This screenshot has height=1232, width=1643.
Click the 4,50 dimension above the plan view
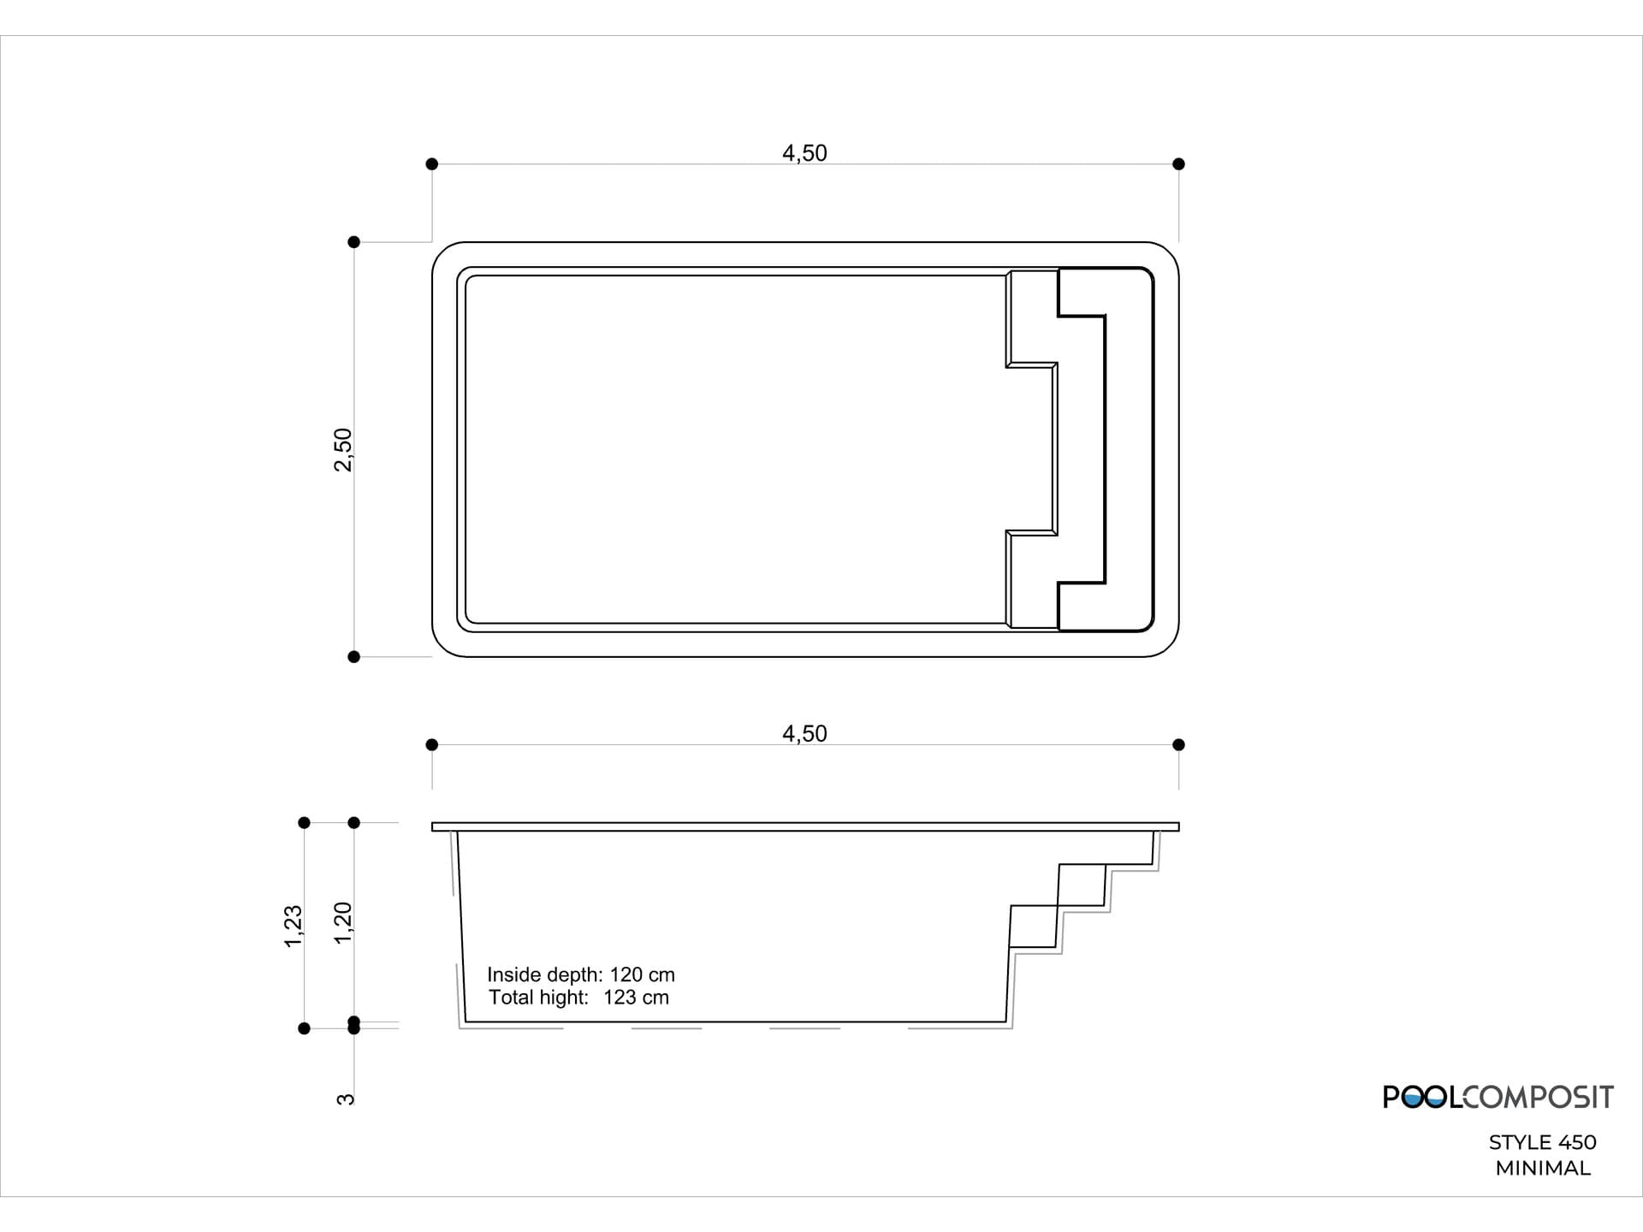[804, 153]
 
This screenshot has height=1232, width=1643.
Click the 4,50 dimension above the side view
[804, 734]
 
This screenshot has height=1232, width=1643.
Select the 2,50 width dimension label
[343, 450]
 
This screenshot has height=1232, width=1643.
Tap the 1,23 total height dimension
[294, 926]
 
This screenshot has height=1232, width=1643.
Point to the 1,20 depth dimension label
[343, 923]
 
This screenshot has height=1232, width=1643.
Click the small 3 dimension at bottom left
[345, 1099]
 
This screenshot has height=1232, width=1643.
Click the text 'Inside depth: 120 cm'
[581, 974]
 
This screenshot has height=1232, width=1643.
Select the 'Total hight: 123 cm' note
[578, 998]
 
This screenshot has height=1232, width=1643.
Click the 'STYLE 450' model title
[1542, 1142]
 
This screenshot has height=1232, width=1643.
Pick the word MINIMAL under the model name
[1543, 1168]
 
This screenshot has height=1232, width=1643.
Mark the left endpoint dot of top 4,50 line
[432, 164]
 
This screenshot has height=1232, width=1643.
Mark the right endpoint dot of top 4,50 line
[1178, 164]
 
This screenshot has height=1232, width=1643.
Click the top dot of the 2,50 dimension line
[354, 242]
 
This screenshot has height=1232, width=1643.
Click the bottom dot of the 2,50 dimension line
[354, 657]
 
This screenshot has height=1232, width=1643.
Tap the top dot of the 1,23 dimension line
[304, 823]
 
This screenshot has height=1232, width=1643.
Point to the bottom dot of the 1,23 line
[304, 1028]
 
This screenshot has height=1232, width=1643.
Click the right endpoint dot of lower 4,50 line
[1178, 745]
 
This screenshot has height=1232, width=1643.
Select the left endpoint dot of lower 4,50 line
[432, 745]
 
